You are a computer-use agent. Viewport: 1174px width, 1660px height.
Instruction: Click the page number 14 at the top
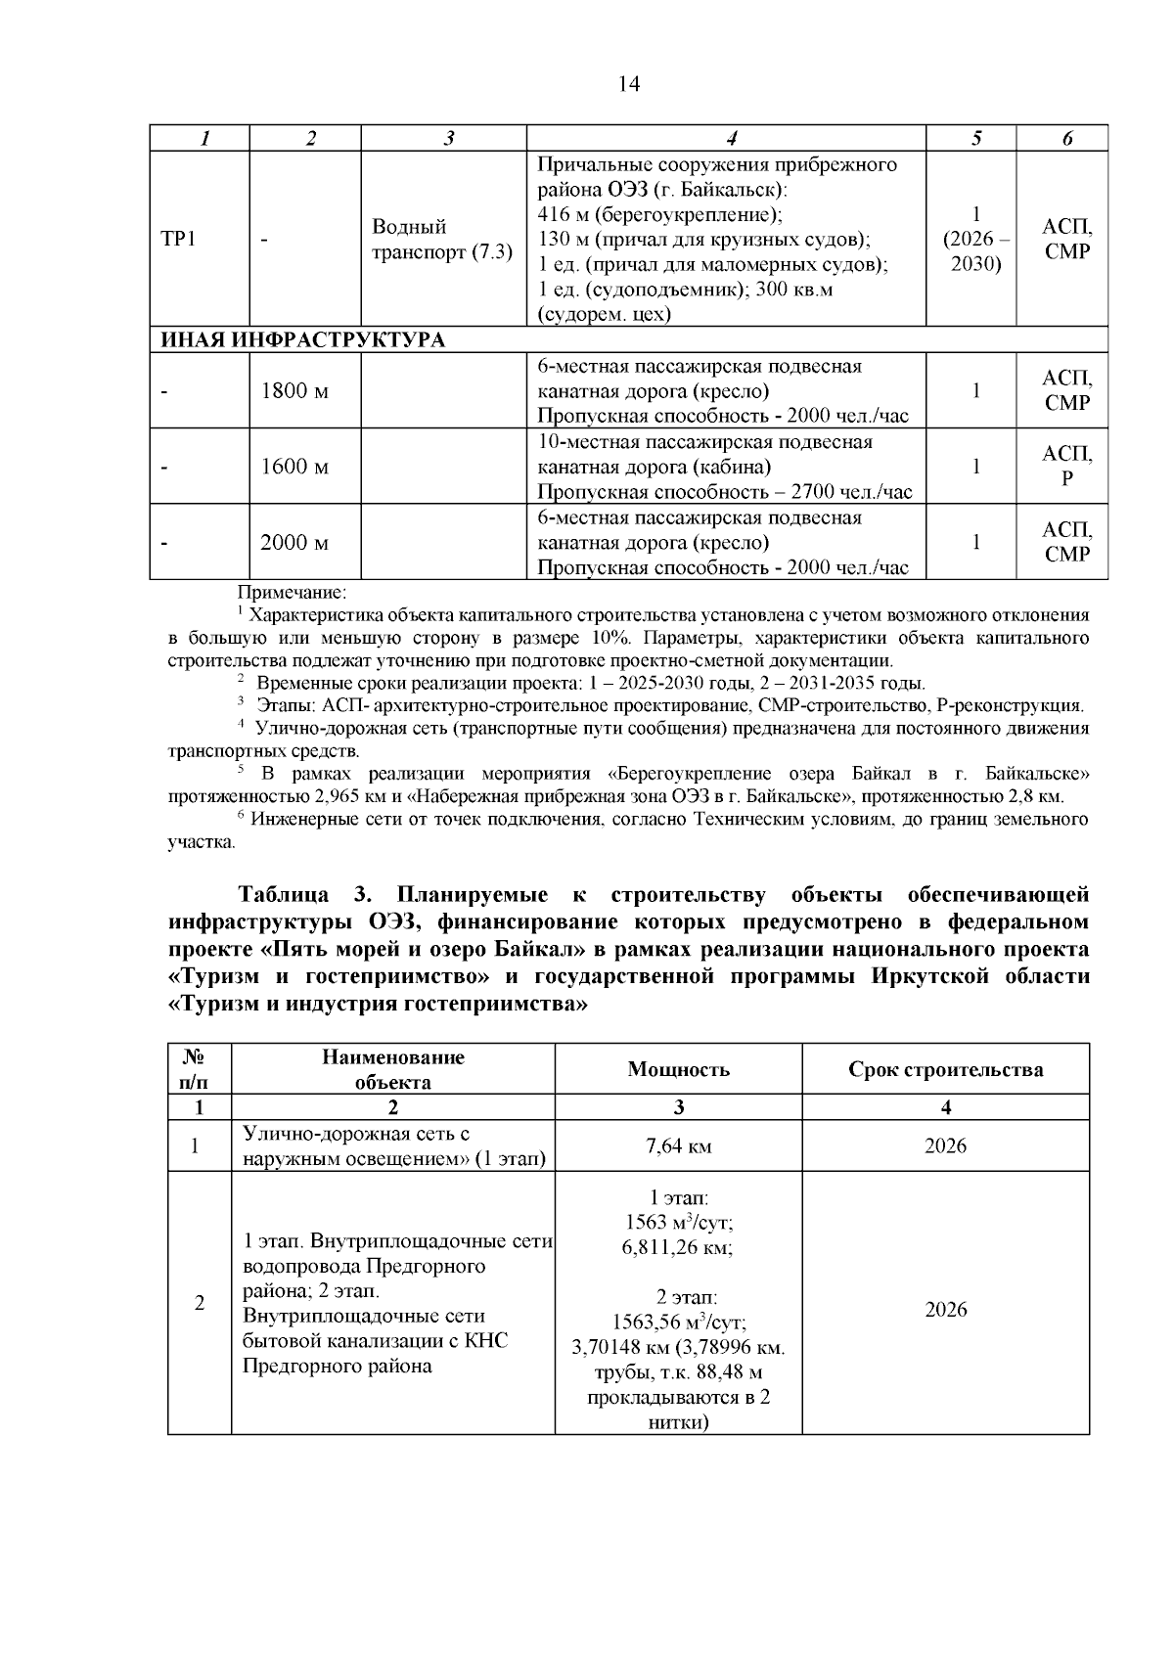coord(629,84)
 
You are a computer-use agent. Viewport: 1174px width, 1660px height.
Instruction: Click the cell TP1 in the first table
coord(178,239)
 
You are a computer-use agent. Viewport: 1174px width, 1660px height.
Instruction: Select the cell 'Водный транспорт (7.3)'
coord(442,239)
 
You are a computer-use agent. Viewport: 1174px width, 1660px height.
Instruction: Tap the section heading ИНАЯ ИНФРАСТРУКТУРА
coord(303,339)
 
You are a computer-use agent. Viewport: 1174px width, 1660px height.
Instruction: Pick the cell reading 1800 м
coord(294,391)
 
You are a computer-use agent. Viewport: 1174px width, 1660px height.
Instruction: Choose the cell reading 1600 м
coord(294,467)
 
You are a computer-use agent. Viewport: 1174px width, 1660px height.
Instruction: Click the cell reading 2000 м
coord(294,542)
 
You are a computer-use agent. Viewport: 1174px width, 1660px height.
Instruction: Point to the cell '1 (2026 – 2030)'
coord(975,239)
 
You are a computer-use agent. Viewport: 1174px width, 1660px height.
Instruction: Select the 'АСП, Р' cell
coord(1066,467)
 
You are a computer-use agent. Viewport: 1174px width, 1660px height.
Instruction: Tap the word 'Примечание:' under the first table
coord(292,593)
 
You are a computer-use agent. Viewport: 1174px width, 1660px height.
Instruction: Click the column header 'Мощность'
coord(678,1069)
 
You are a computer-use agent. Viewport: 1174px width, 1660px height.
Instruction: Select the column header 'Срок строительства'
coord(945,1069)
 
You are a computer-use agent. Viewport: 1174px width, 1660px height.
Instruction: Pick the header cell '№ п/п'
coord(199,1069)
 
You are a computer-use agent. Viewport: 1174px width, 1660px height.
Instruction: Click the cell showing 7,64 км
coord(678,1146)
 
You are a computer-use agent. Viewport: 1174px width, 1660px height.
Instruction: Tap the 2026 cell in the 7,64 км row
coord(945,1146)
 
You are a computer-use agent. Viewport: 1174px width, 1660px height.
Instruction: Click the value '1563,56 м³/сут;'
coord(678,1323)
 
